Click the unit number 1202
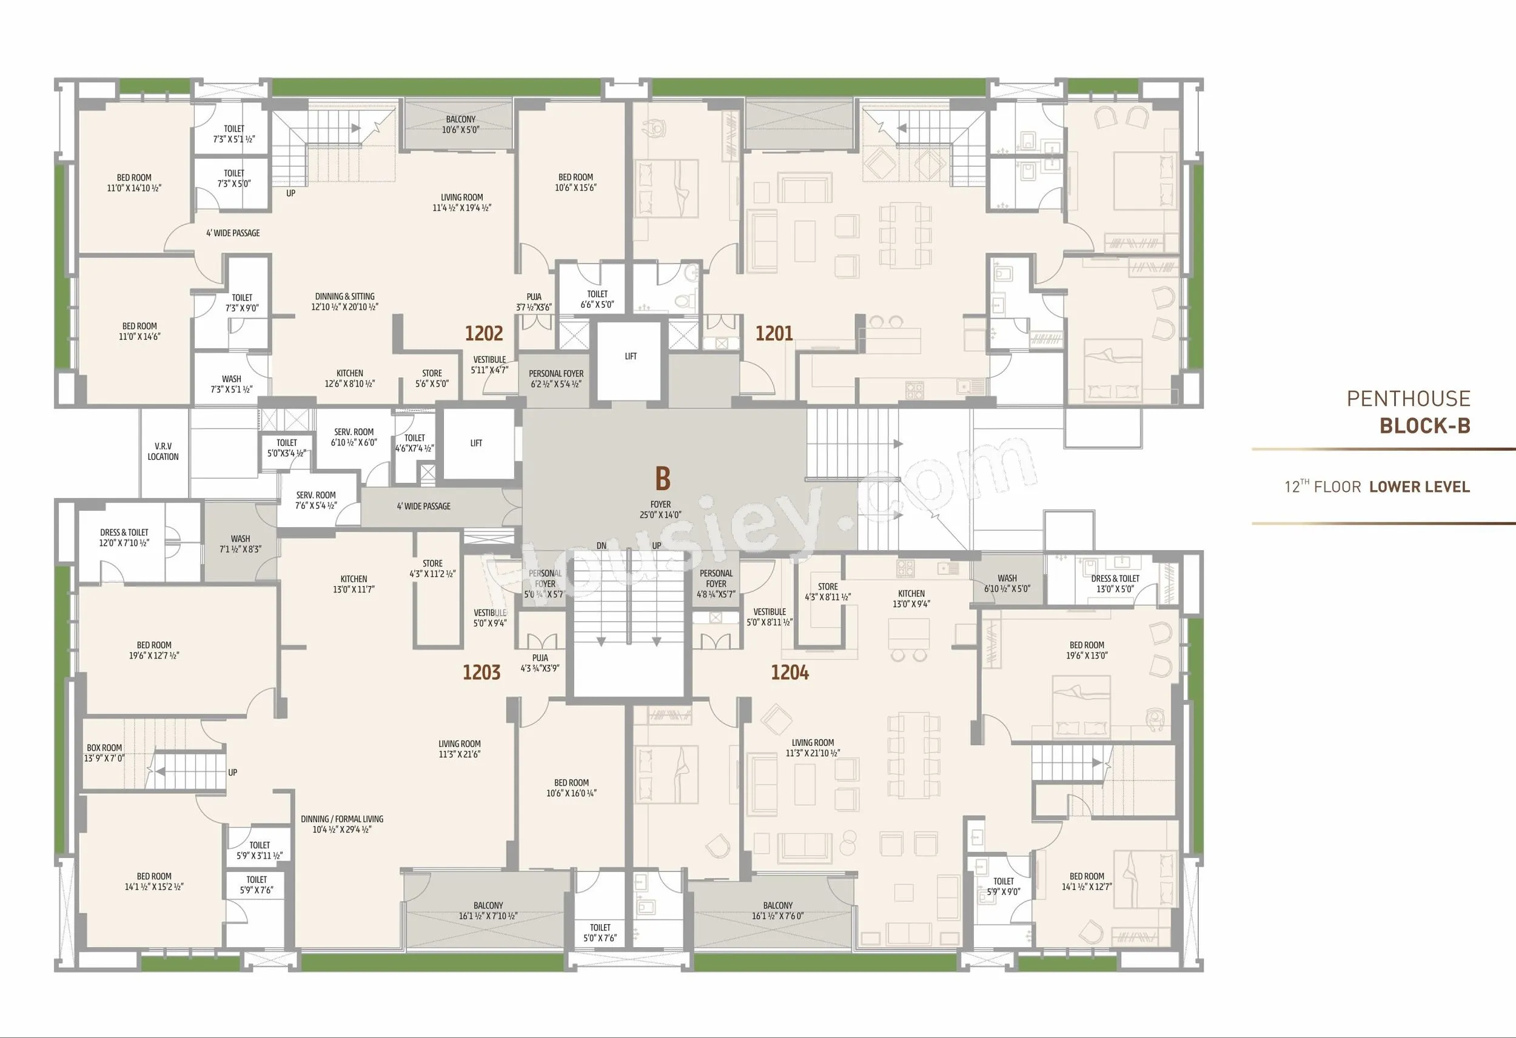pyautogui.click(x=484, y=334)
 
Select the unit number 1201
pyautogui.click(x=774, y=334)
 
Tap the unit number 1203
pyautogui.click(x=481, y=672)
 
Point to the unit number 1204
pyautogui.click(x=790, y=672)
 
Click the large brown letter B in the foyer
pyautogui.click(x=662, y=479)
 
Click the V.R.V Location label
pyautogui.click(x=163, y=451)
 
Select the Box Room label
pyautogui.click(x=104, y=753)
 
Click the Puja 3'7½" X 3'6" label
pyautogui.click(x=534, y=302)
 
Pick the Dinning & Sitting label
pyautogui.click(x=345, y=301)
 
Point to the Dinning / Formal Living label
pyautogui.click(x=342, y=824)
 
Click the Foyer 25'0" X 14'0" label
pyautogui.click(x=660, y=509)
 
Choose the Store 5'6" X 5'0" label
pyautogui.click(x=432, y=379)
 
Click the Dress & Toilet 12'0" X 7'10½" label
pyautogui.click(x=124, y=537)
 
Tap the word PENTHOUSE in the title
pyautogui.click(x=1409, y=398)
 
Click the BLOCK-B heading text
pyautogui.click(x=1424, y=426)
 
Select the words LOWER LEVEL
pyautogui.click(x=1420, y=487)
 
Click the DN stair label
pyautogui.click(x=602, y=546)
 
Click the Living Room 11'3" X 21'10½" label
pyautogui.click(x=812, y=748)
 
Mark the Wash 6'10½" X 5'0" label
pyautogui.click(x=1007, y=583)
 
